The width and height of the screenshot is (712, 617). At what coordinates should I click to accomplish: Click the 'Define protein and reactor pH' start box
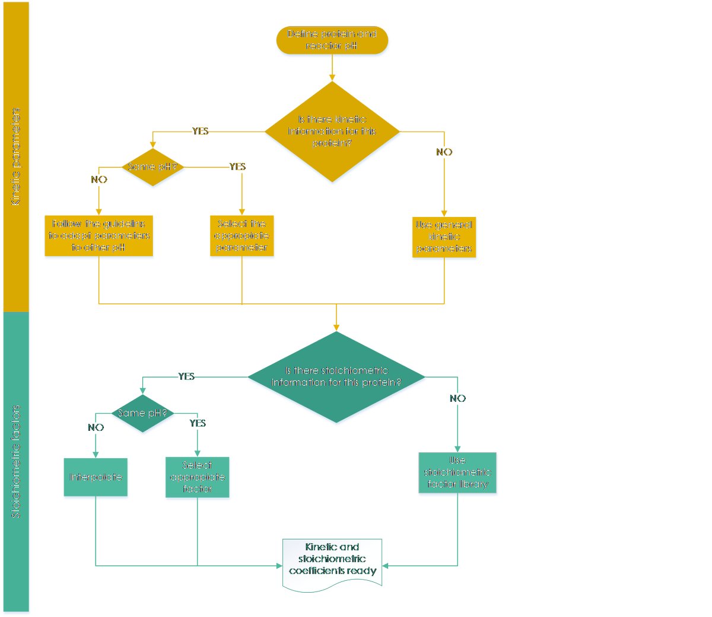tap(332, 41)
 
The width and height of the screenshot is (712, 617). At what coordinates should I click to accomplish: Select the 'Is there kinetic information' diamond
tap(332, 132)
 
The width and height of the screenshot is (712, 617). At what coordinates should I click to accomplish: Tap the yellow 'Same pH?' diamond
tap(153, 168)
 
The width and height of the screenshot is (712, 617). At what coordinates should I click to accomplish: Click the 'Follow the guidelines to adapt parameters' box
tap(98, 236)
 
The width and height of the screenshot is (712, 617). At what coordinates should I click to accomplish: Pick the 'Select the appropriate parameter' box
tap(242, 236)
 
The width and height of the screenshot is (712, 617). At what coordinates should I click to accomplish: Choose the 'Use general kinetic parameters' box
tap(444, 238)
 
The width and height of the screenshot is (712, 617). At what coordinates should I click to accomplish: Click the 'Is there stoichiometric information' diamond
tap(336, 377)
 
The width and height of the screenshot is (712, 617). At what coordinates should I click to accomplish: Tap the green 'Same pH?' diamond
tap(143, 414)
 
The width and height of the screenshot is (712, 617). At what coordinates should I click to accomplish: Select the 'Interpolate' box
tap(96, 478)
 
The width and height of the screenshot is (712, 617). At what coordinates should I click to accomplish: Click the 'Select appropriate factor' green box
tap(198, 478)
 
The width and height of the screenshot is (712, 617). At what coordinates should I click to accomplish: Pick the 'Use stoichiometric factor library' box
tap(457, 474)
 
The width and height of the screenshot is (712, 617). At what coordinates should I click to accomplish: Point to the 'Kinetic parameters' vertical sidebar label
tap(16, 156)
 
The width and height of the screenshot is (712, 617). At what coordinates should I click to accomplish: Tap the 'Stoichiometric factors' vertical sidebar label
tap(16, 462)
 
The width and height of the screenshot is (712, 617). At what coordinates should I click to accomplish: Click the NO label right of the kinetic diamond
tap(444, 152)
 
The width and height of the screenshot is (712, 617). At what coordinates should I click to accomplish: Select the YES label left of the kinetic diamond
tap(201, 131)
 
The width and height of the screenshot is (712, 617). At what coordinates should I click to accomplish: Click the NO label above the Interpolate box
tap(96, 427)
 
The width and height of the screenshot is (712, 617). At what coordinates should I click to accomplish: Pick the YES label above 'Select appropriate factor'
tap(198, 423)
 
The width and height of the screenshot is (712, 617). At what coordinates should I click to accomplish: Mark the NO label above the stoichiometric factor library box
tap(457, 398)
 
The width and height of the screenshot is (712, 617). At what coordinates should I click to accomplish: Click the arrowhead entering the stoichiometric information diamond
tap(336, 327)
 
